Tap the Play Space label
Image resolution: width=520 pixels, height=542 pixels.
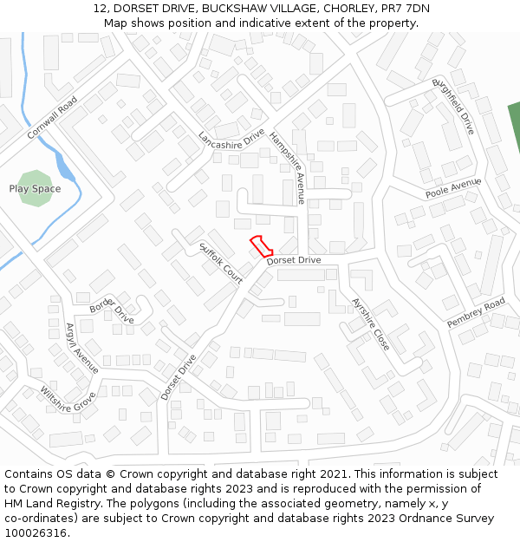[x=35, y=189]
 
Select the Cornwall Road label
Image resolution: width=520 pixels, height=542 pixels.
[x=52, y=117]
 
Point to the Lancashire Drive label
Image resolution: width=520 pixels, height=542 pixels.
[x=231, y=140]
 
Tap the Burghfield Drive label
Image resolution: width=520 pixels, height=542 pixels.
[x=453, y=106]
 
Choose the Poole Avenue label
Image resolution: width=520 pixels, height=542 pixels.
[x=452, y=188]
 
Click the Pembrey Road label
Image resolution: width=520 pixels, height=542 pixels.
[x=476, y=312]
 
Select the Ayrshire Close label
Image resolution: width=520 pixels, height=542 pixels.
[x=371, y=324]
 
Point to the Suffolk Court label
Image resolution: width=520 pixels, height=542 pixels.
[x=221, y=264]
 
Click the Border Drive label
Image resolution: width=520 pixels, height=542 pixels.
[x=112, y=308]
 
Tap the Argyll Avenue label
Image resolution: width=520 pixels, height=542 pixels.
[x=82, y=348]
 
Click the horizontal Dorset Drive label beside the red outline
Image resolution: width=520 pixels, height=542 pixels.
[x=294, y=260]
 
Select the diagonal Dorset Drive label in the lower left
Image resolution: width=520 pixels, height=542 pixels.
[x=179, y=375]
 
